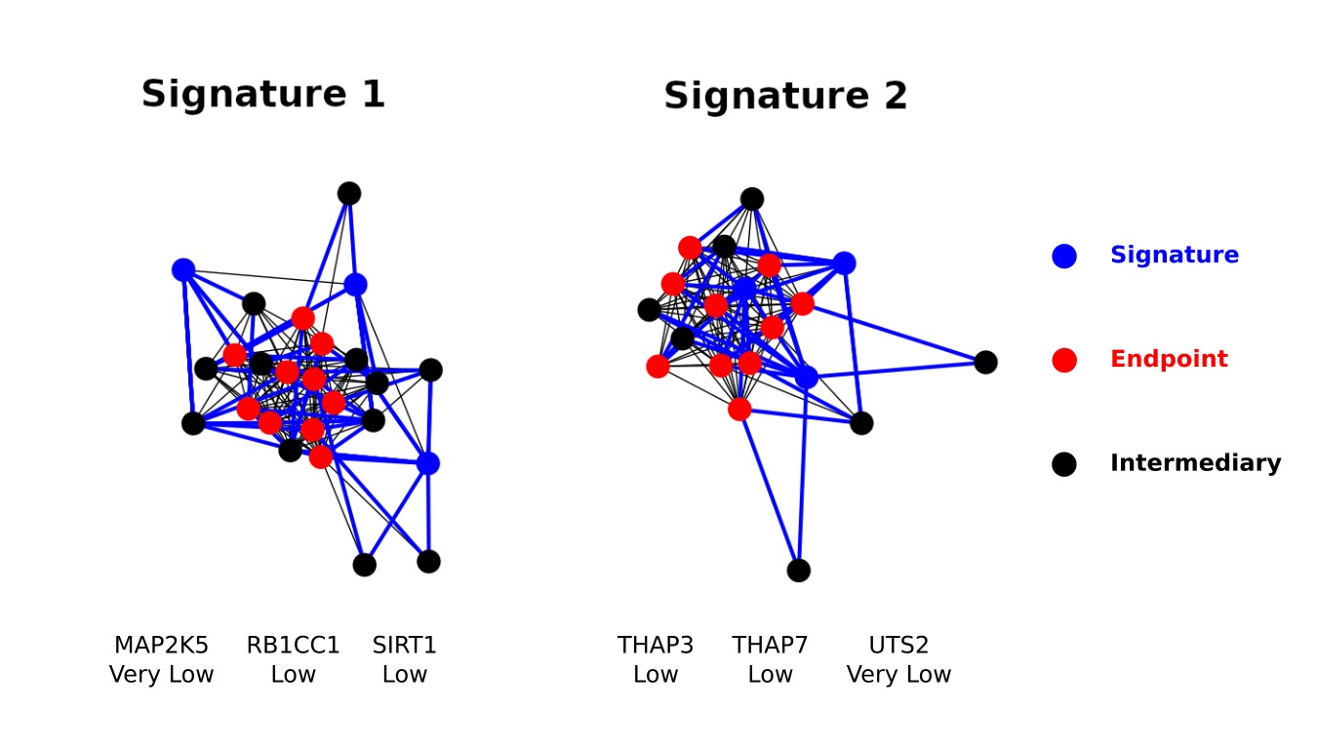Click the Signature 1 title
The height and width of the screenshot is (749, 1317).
[x=262, y=94]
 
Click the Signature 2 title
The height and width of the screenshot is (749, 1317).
[x=785, y=96]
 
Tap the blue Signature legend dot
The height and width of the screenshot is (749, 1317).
[x=1064, y=256]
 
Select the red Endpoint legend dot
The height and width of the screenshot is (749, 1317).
[x=1064, y=360]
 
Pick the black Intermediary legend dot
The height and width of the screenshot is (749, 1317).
[x=1064, y=464]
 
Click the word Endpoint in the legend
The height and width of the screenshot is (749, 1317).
[x=1169, y=359]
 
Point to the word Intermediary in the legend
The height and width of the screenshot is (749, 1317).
[x=1195, y=462]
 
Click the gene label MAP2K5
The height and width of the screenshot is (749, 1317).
[x=161, y=645]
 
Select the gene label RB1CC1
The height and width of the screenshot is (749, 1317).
[x=293, y=645]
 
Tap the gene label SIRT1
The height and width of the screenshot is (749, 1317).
[x=405, y=645]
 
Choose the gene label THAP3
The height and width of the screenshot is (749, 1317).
[x=656, y=645]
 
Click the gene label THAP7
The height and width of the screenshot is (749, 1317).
[x=771, y=645]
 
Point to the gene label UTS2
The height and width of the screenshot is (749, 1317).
[x=898, y=645]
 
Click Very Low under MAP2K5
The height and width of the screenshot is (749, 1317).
[x=161, y=674]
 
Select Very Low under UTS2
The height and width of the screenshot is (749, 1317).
[x=898, y=674]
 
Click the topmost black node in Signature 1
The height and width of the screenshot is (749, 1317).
[x=349, y=193]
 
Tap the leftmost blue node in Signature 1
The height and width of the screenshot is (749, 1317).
[x=183, y=270]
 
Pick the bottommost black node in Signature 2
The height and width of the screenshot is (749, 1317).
[x=798, y=571]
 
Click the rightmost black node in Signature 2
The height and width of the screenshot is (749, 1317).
[x=986, y=362]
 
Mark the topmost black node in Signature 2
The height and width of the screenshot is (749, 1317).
[x=752, y=199]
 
